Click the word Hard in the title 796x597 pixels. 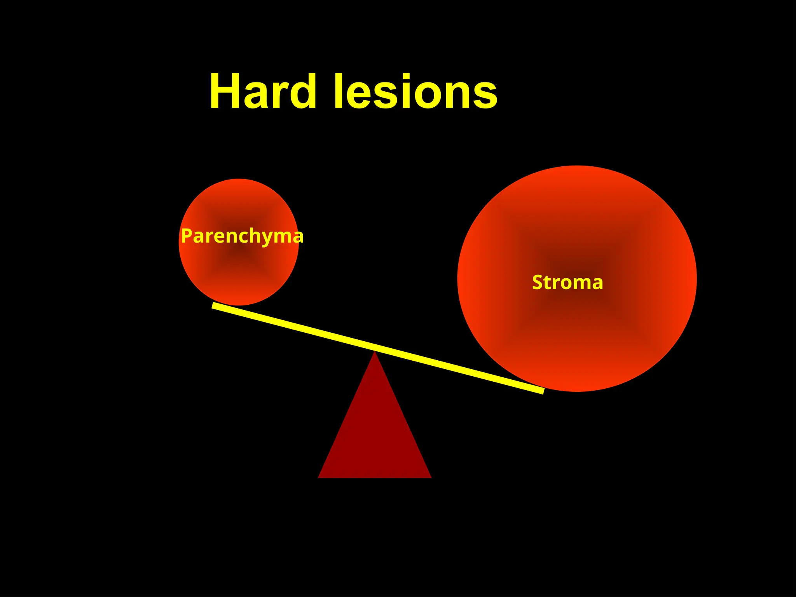pyautogui.click(x=263, y=92)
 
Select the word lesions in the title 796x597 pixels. pyautogui.click(x=415, y=92)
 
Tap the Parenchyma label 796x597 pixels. pyautogui.click(x=242, y=236)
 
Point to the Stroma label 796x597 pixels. pyautogui.click(x=567, y=282)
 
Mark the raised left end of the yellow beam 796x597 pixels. pyautogui.click(x=215, y=305)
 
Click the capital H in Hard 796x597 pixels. pyautogui.click(x=225, y=92)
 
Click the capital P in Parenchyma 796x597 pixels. pyautogui.click(x=187, y=236)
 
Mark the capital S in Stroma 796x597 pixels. pyautogui.click(x=538, y=282)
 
